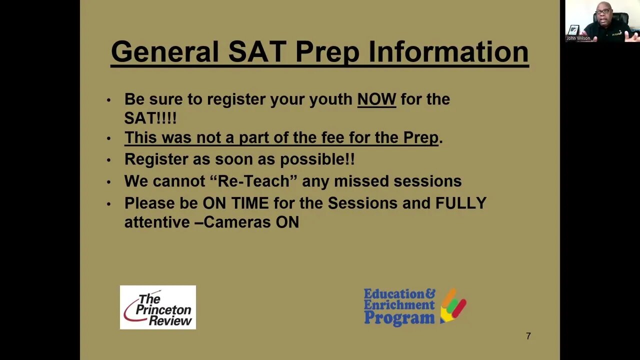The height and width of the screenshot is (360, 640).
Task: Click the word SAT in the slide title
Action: (257, 51)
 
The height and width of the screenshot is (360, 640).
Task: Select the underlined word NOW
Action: (376, 99)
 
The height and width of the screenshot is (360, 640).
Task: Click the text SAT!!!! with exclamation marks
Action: (150, 118)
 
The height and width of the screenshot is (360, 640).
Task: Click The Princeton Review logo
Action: (158, 307)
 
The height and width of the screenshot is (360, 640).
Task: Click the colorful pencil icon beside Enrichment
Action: (453, 305)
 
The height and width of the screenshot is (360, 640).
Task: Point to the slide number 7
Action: (528, 336)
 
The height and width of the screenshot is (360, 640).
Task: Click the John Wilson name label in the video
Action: (578, 38)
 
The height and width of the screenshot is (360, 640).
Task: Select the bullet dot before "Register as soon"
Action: (108, 160)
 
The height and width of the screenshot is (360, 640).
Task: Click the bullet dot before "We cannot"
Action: (108, 182)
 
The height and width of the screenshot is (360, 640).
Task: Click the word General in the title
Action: (164, 51)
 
